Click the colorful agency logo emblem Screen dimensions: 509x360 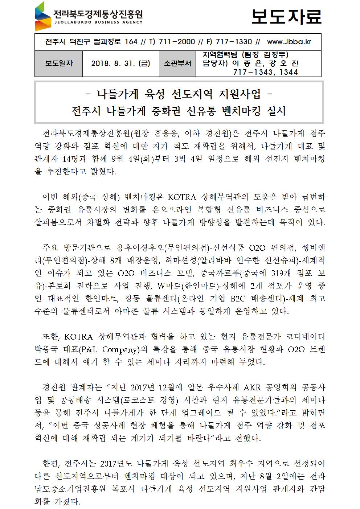(43, 16)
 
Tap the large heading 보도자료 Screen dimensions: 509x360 (287, 16)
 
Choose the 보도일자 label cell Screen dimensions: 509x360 (59, 63)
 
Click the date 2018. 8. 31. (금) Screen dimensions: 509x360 (120, 63)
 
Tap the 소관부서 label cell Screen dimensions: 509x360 (177, 63)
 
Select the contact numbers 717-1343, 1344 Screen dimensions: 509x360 (265, 72)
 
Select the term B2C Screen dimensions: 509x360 (238, 299)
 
